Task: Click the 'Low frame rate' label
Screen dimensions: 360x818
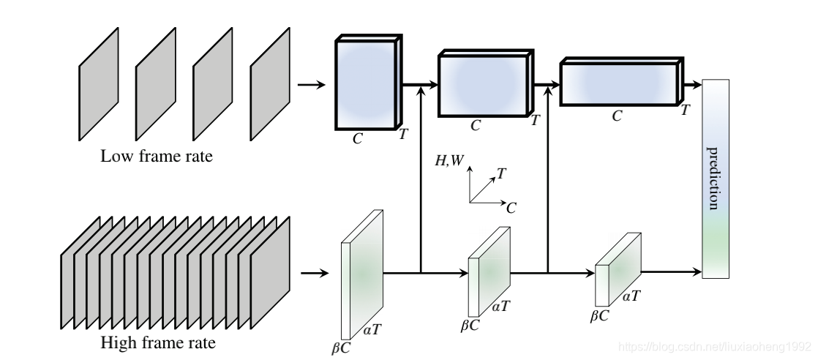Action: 157,156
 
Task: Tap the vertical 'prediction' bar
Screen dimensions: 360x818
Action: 716,179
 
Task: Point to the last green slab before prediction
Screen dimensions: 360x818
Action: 618,270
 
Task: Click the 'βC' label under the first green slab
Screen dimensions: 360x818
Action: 341,348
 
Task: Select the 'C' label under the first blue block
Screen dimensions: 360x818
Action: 357,138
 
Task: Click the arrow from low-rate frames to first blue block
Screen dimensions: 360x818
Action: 312,85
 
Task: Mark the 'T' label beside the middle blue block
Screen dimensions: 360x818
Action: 535,119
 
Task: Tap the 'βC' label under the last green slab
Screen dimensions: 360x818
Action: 600,315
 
